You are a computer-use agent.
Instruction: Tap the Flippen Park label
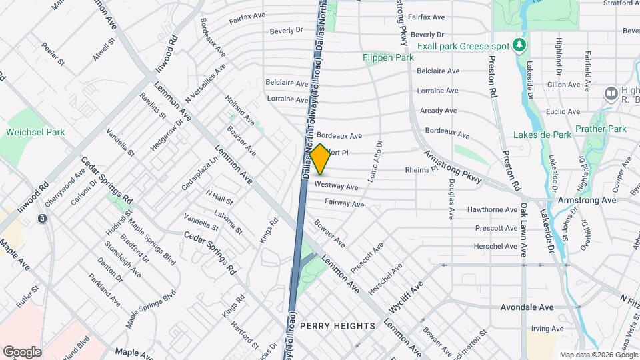pyautogui.click(x=388, y=58)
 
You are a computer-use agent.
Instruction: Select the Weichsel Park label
pyautogui.click(x=35, y=132)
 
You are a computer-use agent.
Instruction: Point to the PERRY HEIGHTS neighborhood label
pyautogui.click(x=337, y=325)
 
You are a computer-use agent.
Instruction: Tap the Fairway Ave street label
pyautogui.click(x=344, y=203)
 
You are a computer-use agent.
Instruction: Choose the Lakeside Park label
pyautogui.click(x=542, y=135)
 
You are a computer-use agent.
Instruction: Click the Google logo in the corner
pyautogui.click(x=21, y=351)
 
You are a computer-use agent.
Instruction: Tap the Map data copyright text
pyautogui.click(x=598, y=355)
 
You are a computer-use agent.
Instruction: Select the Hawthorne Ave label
pyautogui.click(x=493, y=209)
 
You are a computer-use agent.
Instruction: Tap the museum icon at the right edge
pyautogui.click(x=610, y=93)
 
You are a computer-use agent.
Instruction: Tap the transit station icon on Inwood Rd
pyautogui.click(x=42, y=218)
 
